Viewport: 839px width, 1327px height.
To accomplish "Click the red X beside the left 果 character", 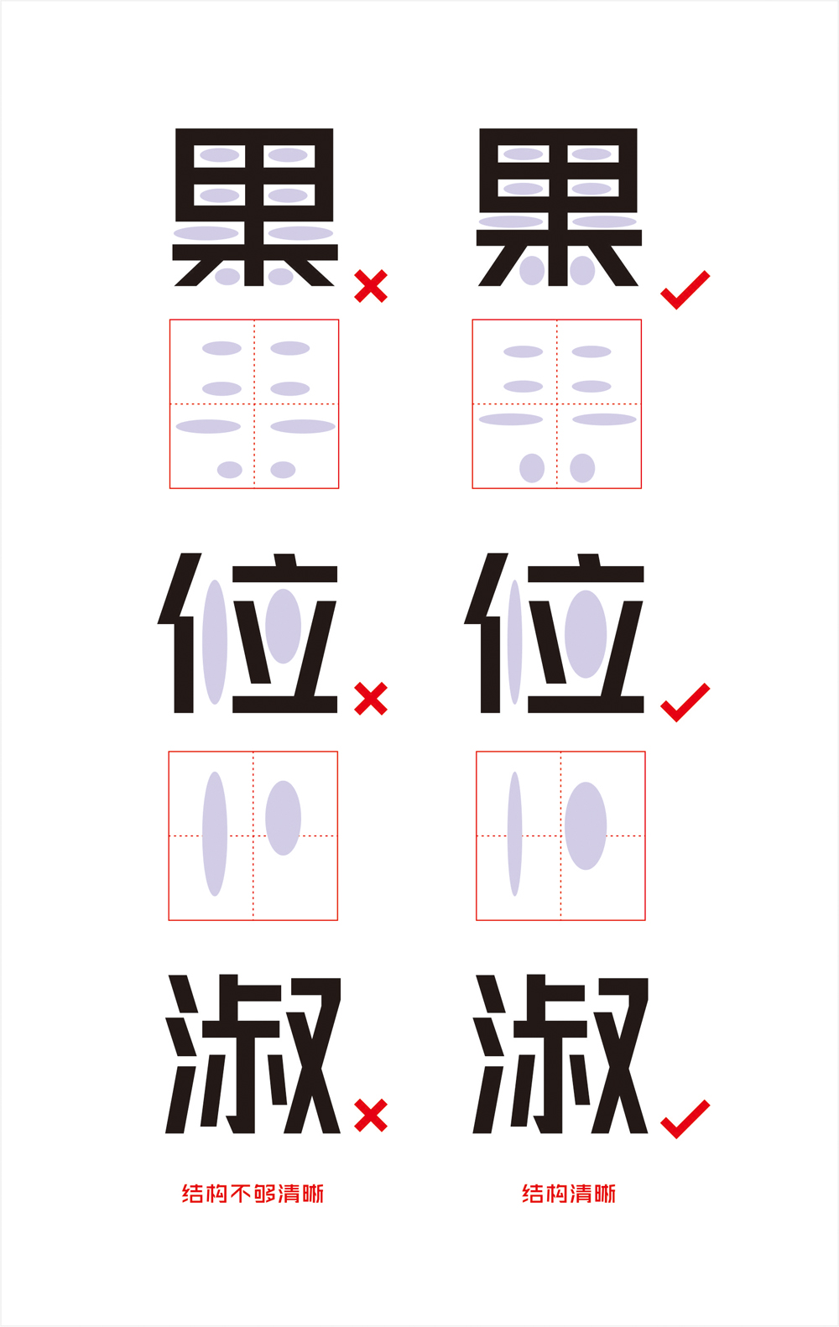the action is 371,285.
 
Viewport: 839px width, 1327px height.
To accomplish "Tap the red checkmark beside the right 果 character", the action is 685,289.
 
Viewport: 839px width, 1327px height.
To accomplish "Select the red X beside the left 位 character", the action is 371,699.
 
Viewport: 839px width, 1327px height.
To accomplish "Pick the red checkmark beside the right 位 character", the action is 685,703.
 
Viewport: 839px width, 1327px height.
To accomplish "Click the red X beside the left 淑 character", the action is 371,1115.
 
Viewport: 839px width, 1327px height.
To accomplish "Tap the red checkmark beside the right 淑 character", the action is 685,1119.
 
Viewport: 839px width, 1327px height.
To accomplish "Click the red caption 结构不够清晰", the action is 253,1194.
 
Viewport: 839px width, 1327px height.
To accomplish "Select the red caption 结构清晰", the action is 569,1194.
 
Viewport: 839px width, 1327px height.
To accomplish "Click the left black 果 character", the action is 255,207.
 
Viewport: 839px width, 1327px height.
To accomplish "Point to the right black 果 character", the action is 559,207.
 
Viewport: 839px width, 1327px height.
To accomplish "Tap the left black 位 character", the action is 248,632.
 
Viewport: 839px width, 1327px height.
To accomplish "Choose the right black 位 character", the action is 554,632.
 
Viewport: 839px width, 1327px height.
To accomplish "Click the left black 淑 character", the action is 253,1054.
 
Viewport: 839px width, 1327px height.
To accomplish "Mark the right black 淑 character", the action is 560,1054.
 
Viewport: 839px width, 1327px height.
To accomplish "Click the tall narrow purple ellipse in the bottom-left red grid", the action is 215,834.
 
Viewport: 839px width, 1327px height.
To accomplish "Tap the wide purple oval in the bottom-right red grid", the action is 586,826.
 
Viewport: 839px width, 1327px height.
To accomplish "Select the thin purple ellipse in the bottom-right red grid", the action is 515,834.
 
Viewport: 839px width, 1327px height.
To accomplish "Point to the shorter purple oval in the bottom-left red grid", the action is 284,818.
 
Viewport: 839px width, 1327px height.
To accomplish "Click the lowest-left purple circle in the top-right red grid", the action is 532,469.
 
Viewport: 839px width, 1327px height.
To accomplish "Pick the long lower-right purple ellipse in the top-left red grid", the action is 303,426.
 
